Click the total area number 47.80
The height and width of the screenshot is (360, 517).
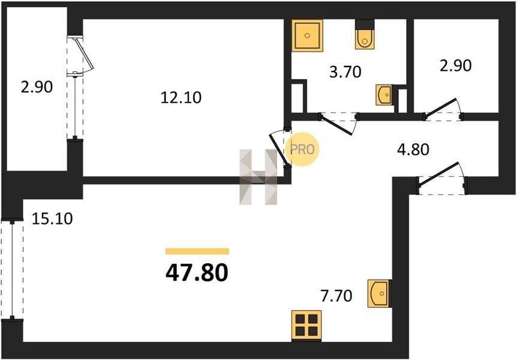197,273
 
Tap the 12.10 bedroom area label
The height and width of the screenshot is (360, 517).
181,98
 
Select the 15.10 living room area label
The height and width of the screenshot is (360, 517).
52,219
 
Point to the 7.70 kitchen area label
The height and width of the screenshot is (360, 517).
336,296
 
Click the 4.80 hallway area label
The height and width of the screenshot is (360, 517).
413,149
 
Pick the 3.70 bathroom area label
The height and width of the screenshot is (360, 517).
345,72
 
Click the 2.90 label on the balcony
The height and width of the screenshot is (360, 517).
37,87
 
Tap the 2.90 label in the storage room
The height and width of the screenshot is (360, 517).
456,65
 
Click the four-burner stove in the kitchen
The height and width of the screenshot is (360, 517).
306,325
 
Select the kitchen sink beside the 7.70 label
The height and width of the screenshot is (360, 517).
380,293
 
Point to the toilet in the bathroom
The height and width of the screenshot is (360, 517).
365,35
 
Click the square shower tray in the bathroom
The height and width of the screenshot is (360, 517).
307,35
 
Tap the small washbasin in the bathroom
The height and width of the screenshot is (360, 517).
384,95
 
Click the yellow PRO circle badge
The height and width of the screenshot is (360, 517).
302,149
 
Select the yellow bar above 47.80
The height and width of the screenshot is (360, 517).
197,251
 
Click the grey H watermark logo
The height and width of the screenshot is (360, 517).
258,177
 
